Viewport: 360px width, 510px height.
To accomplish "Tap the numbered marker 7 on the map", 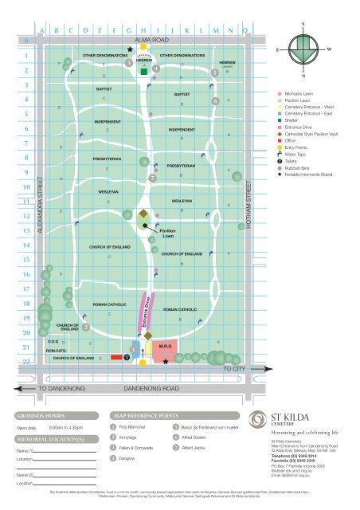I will coord(151,178).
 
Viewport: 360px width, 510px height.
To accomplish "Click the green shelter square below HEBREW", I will coord(143,71).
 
